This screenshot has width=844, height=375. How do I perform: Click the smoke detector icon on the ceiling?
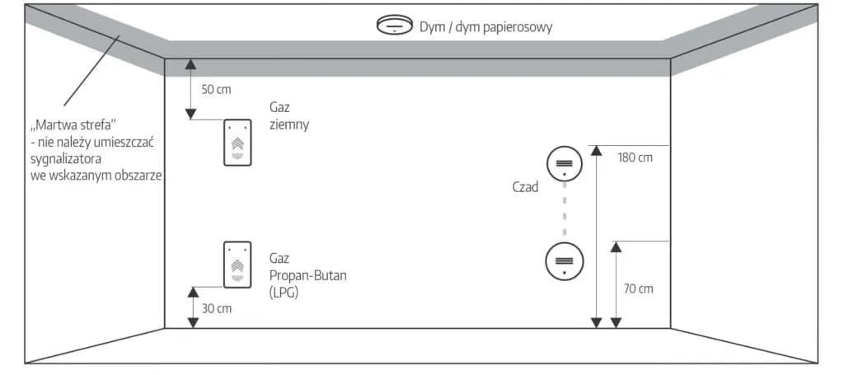pos(394,26)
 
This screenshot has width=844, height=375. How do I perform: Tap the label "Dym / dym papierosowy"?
pos(485,27)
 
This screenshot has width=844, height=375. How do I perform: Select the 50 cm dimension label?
pos(216,89)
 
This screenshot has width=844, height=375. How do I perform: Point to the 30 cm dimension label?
pos(217,308)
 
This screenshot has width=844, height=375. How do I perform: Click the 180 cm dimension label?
pos(635,157)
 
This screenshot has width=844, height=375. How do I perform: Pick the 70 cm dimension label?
pos(638,288)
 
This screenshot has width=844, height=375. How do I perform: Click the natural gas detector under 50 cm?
pos(237,143)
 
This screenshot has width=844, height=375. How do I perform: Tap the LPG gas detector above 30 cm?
pos(237,264)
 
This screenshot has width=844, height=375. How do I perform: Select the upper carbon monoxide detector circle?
pos(565,163)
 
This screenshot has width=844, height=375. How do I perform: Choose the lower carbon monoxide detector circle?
pos(565,262)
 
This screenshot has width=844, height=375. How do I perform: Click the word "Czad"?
pos(524,187)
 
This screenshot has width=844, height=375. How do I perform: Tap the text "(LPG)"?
pos(284,291)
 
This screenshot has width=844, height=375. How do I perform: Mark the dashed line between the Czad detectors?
pos(565,213)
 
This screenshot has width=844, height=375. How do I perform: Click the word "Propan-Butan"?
pos(307,275)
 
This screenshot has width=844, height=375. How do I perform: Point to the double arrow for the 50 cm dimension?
pos(190,89)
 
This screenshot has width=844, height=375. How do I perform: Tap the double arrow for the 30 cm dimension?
pos(193,307)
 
